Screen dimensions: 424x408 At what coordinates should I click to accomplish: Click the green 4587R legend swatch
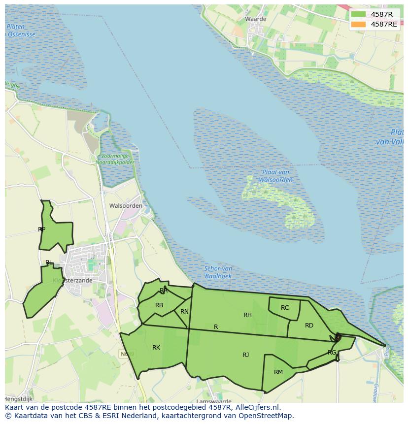pyautogui.click(x=359, y=14)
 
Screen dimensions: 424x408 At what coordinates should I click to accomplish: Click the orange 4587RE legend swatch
pyautogui.click(x=359, y=24)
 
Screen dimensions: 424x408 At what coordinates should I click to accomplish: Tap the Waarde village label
pyautogui.click(x=255, y=19)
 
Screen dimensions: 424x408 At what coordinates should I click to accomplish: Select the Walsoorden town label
pyautogui.click(x=126, y=206)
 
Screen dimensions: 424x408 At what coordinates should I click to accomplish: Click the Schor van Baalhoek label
pyautogui.click(x=218, y=272)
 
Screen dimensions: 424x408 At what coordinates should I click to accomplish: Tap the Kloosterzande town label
pyautogui.click(x=72, y=280)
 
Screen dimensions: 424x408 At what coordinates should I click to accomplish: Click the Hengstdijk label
pyautogui.click(x=18, y=398)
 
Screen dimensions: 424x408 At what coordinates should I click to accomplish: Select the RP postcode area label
pyautogui.click(x=42, y=229)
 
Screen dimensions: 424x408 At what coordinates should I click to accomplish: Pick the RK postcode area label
pyautogui.click(x=156, y=348)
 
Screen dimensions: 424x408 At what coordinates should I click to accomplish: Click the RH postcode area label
pyautogui.click(x=247, y=315)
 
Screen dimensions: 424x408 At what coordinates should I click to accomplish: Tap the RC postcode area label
pyautogui.click(x=285, y=308)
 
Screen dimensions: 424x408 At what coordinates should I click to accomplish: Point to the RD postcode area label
pyautogui.click(x=309, y=326)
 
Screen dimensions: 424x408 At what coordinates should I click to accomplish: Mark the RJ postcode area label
pyautogui.click(x=245, y=355)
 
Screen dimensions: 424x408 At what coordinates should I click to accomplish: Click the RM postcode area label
pyautogui.click(x=278, y=372)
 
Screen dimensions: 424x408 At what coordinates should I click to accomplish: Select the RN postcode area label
pyautogui.click(x=184, y=312)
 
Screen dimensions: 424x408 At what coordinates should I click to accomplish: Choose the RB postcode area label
pyautogui.click(x=159, y=305)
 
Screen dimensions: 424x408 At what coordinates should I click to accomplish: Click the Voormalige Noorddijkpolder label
pyautogui.click(x=114, y=159)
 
